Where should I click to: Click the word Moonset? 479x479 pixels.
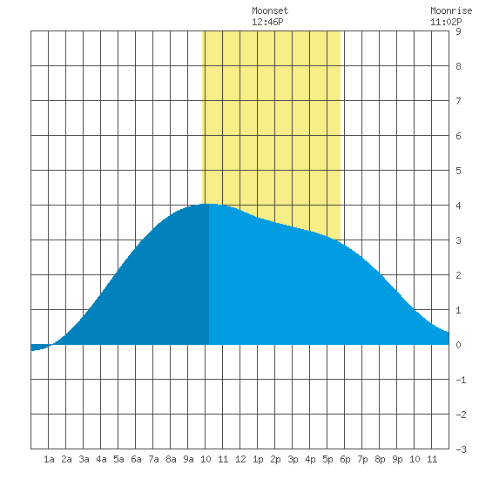(x=270, y=10)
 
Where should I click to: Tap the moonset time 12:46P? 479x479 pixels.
(x=267, y=22)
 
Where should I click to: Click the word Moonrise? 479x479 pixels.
(x=451, y=10)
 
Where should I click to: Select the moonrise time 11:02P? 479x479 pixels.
(x=446, y=22)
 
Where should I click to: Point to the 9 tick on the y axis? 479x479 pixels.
(x=458, y=31)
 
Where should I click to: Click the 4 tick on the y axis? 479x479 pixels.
(x=458, y=206)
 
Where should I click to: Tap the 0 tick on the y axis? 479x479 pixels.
(x=458, y=345)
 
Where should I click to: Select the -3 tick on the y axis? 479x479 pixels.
(x=461, y=449)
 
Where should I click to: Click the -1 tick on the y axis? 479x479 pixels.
(x=461, y=380)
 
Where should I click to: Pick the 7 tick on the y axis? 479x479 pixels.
(x=458, y=101)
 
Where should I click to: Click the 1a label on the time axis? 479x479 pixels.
(x=49, y=459)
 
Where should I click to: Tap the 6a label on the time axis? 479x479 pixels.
(x=136, y=459)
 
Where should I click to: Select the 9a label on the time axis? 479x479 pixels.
(x=188, y=459)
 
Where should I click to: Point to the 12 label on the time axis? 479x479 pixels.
(x=240, y=459)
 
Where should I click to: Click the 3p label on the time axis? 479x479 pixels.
(x=293, y=459)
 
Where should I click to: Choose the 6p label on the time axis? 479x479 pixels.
(x=345, y=459)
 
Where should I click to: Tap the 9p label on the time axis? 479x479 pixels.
(x=397, y=459)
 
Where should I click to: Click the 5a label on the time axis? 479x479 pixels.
(x=118, y=459)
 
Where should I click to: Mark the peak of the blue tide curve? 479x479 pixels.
(x=210, y=204)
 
